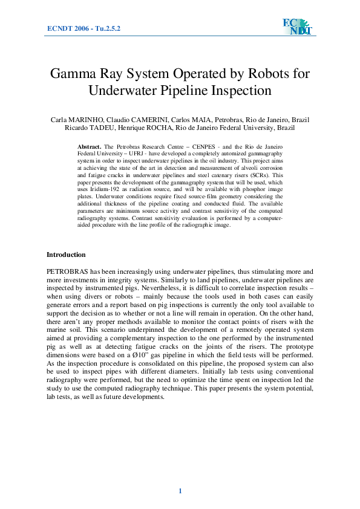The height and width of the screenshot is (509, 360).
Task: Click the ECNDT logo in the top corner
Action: click(x=296, y=27)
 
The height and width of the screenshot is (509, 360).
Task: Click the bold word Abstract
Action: click(x=90, y=148)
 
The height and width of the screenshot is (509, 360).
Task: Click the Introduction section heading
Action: click(x=67, y=254)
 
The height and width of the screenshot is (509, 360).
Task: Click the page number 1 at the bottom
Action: click(x=180, y=490)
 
